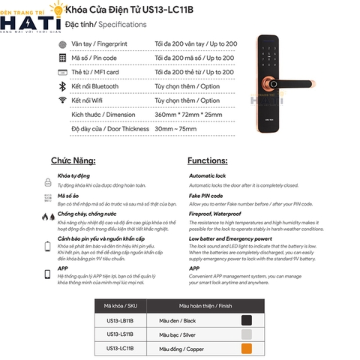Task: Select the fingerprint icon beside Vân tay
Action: point(61,44)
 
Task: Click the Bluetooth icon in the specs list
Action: point(61,86)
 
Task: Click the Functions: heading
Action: point(207,160)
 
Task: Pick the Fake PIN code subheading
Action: point(207,196)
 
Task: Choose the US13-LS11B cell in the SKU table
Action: point(119,334)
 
